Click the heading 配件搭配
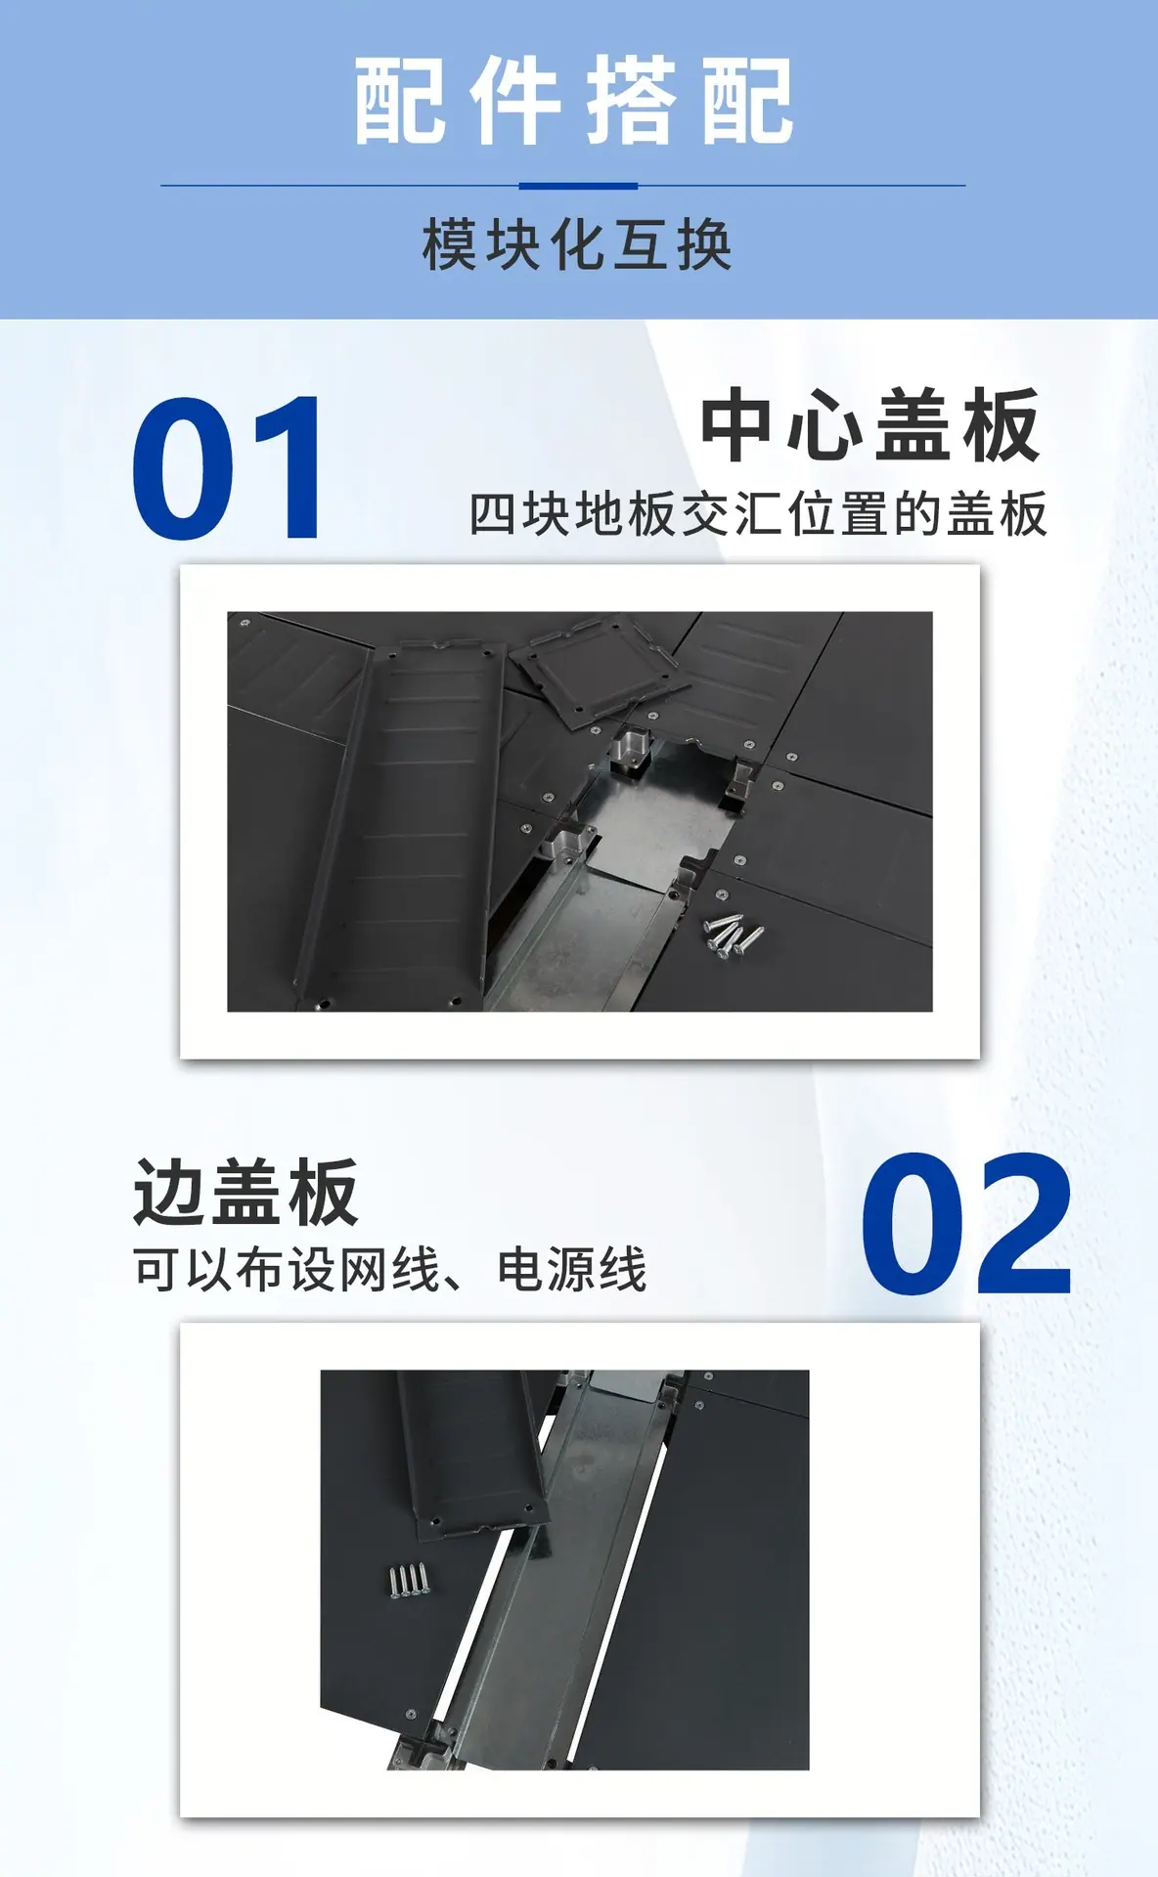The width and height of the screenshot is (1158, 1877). pyautogui.click(x=574, y=101)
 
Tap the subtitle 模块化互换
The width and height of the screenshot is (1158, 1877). pyautogui.click(x=577, y=244)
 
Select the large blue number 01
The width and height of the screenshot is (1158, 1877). pyautogui.click(x=227, y=467)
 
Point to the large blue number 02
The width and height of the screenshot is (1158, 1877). pyautogui.click(x=966, y=1224)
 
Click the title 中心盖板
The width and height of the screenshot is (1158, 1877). pyautogui.click(x=870, y=424)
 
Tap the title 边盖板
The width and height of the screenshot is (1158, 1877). pyautogui.click(x=245, y=1192)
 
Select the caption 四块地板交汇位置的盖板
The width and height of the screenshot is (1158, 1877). pyautogui.click(x=758, y=514)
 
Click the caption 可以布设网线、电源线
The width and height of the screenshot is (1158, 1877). pyautogui.click(x=390, y=1269)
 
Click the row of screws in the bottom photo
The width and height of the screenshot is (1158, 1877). pyautogui.click(x=409, y=1580)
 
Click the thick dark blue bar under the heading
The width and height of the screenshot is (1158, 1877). pyautogui.click(x=578, y=186)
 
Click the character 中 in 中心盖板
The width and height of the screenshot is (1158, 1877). pyautogui.click(x=740, y=424)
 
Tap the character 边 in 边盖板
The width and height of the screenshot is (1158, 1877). pyautogui.click(x=170, y=1192)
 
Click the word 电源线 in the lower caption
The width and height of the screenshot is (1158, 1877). pyautogui.click(x=572, y=1269)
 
